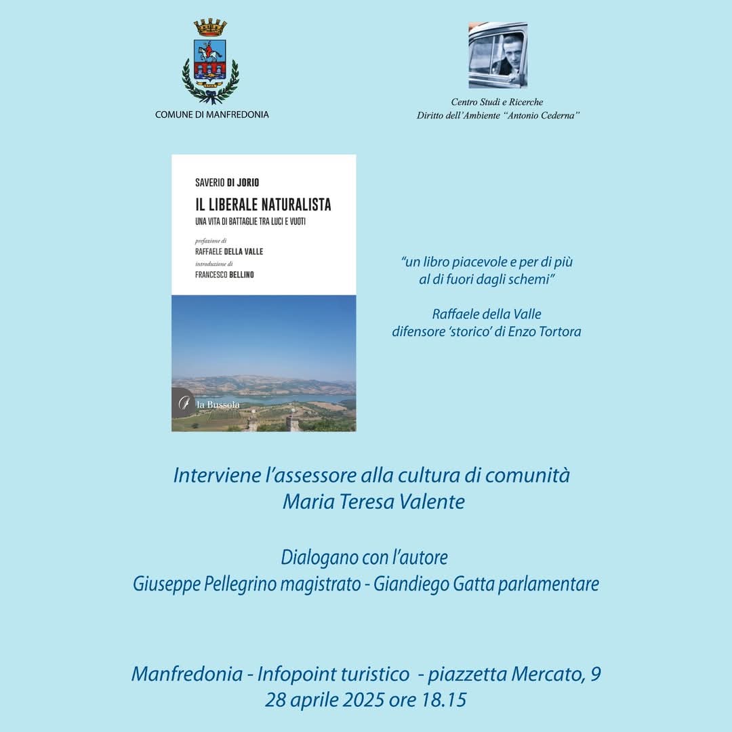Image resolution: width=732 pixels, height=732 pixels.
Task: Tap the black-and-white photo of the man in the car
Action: tap(497, 55)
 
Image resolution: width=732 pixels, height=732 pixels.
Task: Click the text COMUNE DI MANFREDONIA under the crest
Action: tap(211, 115)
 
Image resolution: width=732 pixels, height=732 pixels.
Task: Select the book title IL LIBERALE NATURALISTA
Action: tap(262, 203)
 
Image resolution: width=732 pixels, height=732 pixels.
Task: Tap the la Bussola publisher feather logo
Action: tap(184, 403)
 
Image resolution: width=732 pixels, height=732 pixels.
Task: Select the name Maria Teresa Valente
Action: tap(373, 502)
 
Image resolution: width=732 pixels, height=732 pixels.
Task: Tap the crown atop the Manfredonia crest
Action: tap(210, 28)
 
